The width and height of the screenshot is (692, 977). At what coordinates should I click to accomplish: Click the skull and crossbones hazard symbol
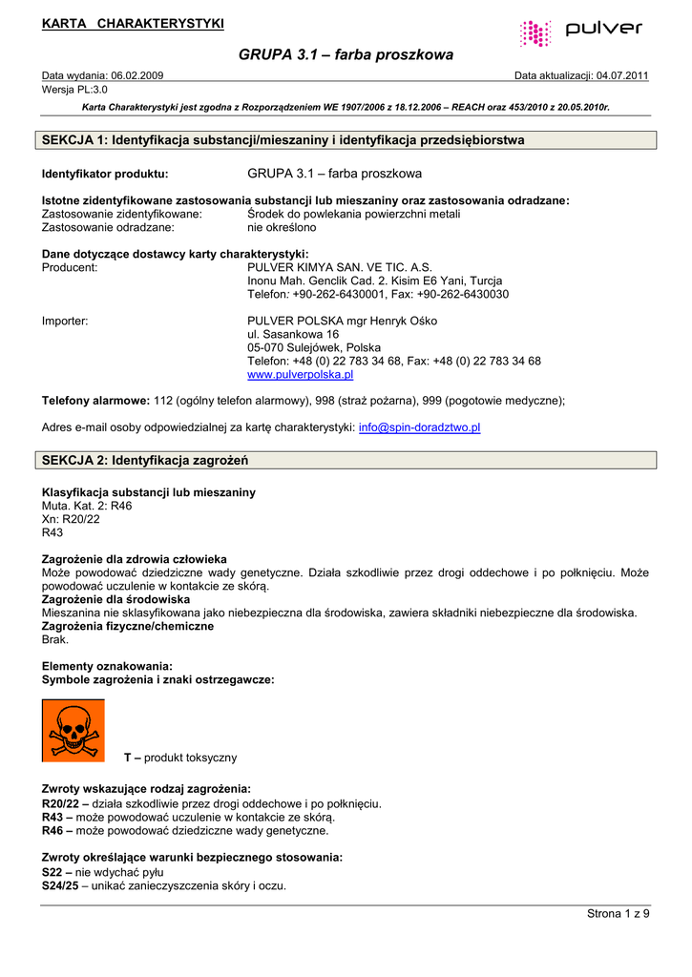click(73, 730)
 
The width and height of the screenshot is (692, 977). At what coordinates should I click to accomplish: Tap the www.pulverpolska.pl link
click(300, 375)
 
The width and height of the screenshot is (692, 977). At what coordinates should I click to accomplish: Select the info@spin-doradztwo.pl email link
click(419, 427)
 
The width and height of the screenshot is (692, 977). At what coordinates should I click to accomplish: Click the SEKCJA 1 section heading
click(283, 140)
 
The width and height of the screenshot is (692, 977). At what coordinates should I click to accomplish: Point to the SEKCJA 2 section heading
click(145, 460)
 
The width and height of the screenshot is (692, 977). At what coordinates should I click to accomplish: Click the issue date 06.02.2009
click(137, 75)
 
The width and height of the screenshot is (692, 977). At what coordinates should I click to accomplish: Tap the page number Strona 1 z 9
click(618, 913)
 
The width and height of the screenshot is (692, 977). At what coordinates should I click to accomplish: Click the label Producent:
click(70, 268)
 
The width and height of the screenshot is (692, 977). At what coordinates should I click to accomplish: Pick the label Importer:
click(65, 322)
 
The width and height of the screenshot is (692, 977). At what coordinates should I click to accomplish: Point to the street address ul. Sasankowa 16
click(293, 335)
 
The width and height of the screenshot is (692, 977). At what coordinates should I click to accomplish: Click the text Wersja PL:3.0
click(74, 89)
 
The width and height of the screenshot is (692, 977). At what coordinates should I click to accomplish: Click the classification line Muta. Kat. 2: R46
click(87, 506)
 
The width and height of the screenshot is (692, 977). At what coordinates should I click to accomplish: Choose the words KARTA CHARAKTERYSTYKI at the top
click(133, 23)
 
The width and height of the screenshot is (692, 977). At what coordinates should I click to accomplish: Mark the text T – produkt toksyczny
click(180, 758)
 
